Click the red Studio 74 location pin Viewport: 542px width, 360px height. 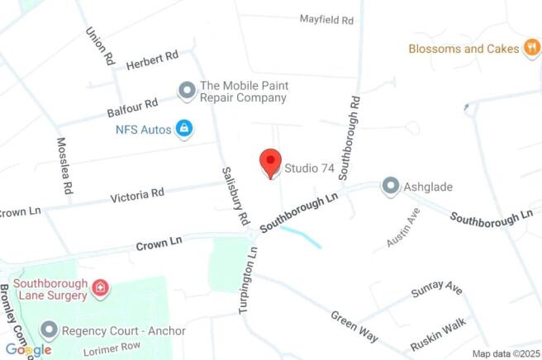(x=271, y=163)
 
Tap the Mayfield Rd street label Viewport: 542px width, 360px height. (x=326, y=18)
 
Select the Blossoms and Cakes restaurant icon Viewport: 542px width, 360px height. (x=533, y=49)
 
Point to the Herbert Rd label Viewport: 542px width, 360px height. (x=153, y=59)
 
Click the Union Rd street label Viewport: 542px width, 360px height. (x=98, y=45)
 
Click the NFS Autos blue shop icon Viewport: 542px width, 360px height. (x=184, y=129)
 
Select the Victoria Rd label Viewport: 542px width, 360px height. (x=137, y=196)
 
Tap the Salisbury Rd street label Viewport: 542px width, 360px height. (x=235, y=195)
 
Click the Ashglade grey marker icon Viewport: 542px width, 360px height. (x=390, y=187)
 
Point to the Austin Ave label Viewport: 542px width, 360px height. (x=403, y=227)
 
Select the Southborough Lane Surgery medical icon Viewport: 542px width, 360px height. (x=99, y=287)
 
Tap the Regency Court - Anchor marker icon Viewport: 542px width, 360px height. (x=50, y=331)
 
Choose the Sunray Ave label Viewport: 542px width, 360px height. (x=436, y=290)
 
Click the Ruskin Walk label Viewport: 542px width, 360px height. (x=438, y=333)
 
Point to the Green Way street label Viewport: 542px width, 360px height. (x=354, y=326)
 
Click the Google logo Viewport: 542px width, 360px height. (x=27, y=350)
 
